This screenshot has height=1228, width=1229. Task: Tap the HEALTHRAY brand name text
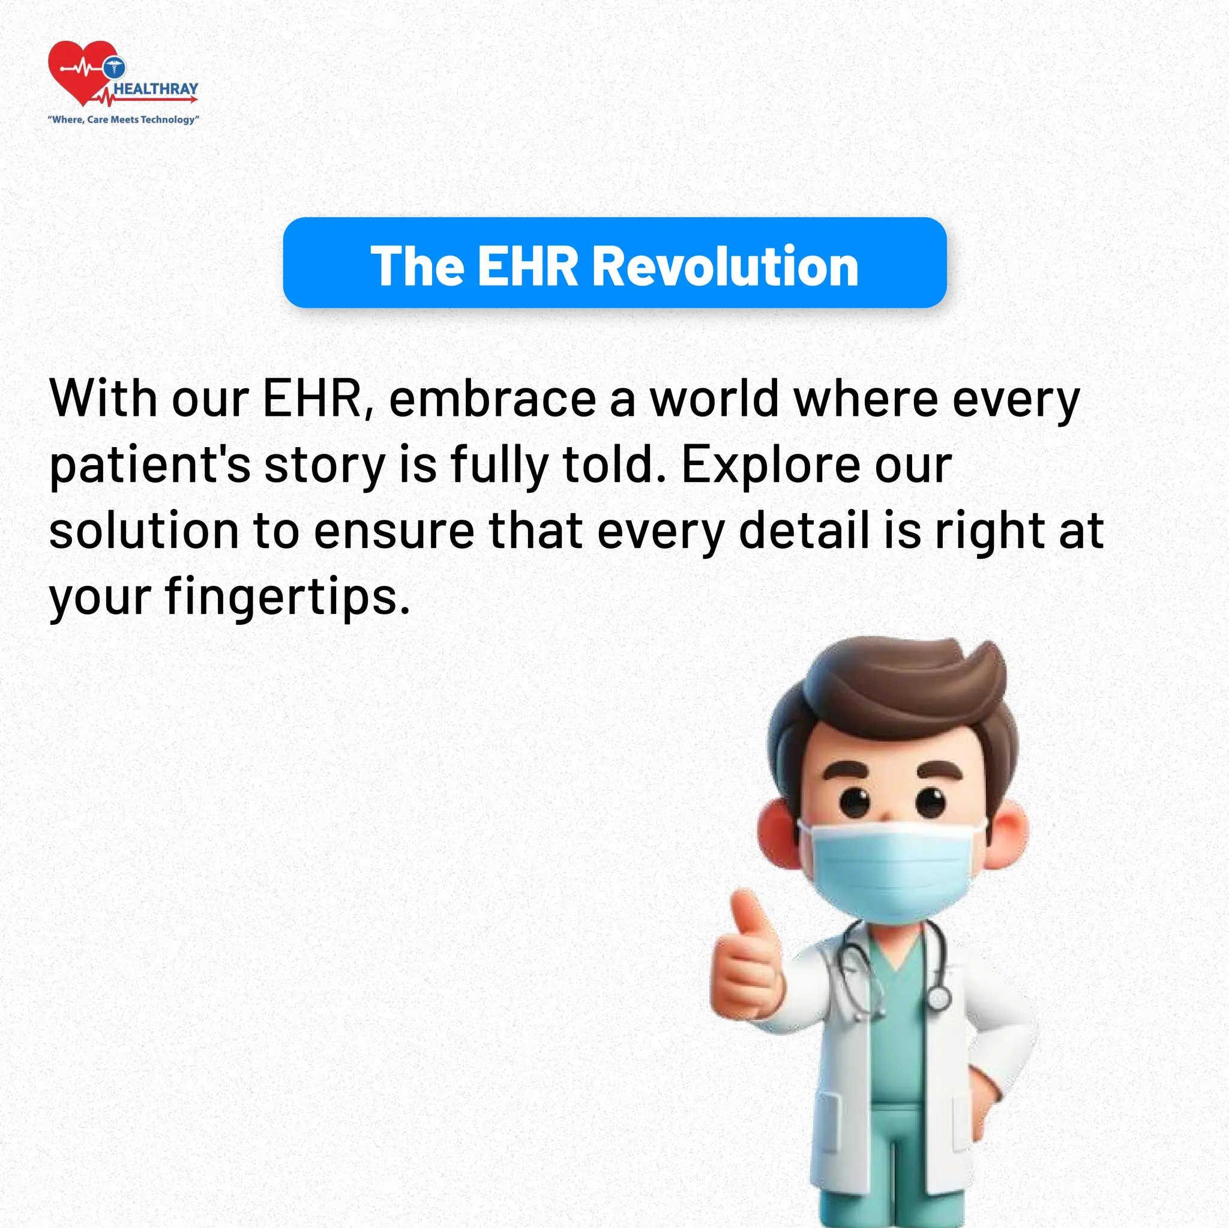point(156,89)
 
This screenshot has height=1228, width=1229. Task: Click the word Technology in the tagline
point(169,119)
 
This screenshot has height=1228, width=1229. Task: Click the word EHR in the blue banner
point(527,266)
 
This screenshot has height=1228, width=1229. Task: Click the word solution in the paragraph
point(144,531)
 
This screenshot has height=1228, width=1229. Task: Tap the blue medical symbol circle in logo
point(114,67)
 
